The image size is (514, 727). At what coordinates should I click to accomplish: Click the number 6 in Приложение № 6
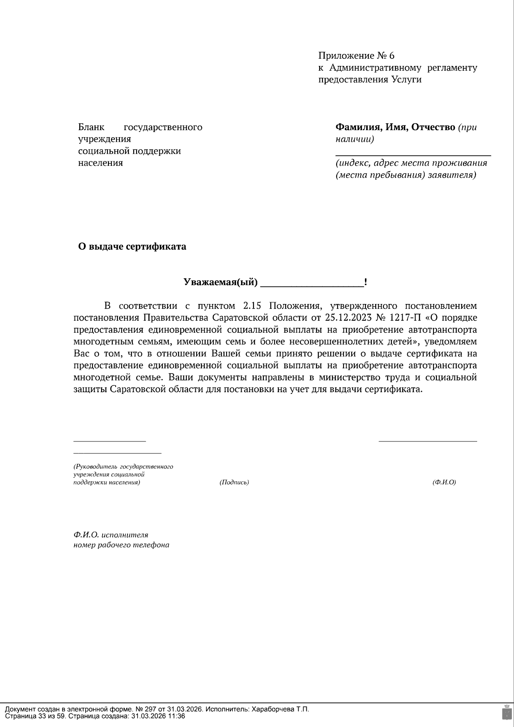coord(391,56)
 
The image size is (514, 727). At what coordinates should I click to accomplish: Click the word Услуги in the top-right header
coord(406,80)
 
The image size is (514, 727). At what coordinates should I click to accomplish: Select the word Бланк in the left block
coord(91,127)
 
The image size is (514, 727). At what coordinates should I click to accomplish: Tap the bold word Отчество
coord(433,127)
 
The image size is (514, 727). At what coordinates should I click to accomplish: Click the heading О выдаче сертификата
coord(132,247)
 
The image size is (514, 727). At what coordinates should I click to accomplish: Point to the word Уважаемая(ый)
coord(221,282)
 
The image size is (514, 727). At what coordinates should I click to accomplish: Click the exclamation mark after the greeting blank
coord(365,282)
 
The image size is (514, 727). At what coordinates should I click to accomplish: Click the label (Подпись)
coord(234,483)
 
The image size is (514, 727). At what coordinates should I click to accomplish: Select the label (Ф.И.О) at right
coord(444,483)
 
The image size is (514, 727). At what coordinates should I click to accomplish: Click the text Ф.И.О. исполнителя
coord(111,535)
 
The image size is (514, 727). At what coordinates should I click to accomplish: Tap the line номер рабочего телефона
coord(121,545)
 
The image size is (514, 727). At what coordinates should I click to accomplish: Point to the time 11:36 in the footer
coord(177,716)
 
